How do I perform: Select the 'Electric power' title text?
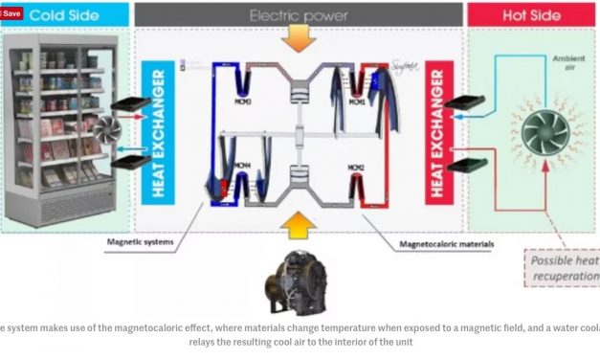click(x=299, y=14)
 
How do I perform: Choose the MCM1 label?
click(x=357, y=101)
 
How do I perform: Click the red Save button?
click(x=11, y=13)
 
